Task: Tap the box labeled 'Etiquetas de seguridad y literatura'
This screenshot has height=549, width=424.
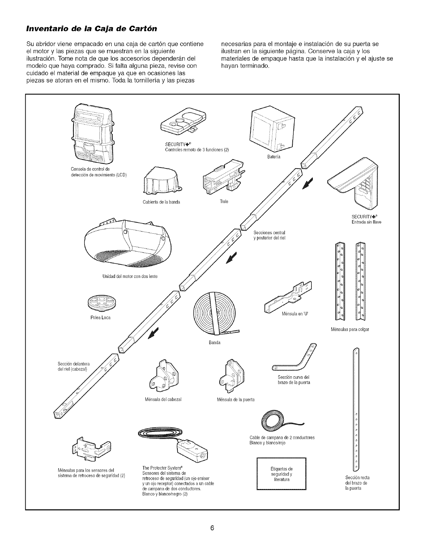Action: [x=282, y=474]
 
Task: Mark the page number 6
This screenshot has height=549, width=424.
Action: [x=212, y=528]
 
